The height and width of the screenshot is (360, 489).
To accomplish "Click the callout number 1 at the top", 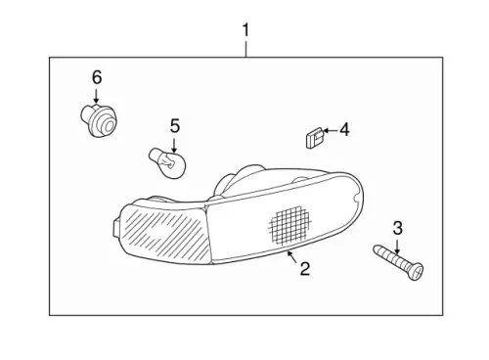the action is (245, 30).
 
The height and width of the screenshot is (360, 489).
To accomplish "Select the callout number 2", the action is (305, 269).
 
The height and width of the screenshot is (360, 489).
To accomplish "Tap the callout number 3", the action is (397, 228).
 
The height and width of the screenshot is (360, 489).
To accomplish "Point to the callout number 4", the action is (344, 130).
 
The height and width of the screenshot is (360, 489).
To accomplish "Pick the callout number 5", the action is (175, 126).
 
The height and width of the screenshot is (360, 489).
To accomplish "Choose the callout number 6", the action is (97, 77).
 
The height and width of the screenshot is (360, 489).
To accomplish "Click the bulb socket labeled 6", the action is (99, 120).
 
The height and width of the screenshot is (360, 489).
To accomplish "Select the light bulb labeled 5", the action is (168, 162).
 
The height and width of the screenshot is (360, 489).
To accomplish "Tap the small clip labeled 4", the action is (314, 138).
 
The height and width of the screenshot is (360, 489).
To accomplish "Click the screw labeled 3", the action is (398, 262).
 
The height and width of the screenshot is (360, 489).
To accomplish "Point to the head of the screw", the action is (416, 272).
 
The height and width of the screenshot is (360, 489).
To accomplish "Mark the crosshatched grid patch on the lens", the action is (289, 225).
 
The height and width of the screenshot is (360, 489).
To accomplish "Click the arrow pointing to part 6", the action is (96, 96).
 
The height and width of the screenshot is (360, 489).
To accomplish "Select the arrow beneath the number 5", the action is (174, 145).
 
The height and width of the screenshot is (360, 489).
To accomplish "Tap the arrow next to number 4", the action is (330, 130).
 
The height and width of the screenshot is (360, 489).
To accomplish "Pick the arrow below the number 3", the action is (397, 247).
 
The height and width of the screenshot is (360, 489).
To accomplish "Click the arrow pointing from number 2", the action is (291, 256).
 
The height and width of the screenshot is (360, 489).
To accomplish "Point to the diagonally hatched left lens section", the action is (164, 232).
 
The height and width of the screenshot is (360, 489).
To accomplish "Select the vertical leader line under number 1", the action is (246, 49).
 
